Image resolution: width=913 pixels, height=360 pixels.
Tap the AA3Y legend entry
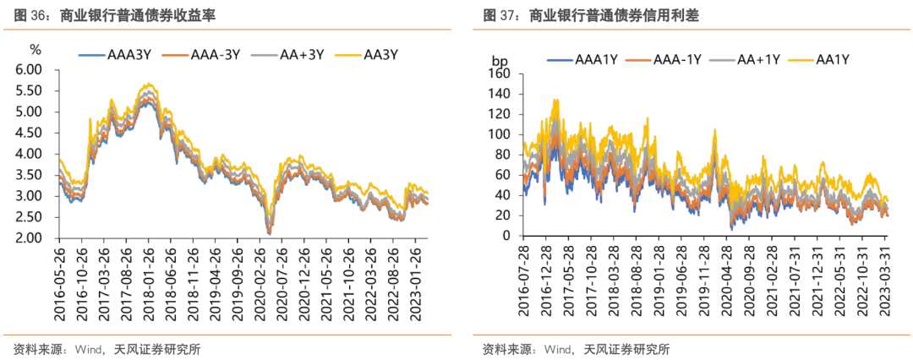click(x=376, y=55)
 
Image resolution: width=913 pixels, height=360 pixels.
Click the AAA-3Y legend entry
click(x=210, y=55)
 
